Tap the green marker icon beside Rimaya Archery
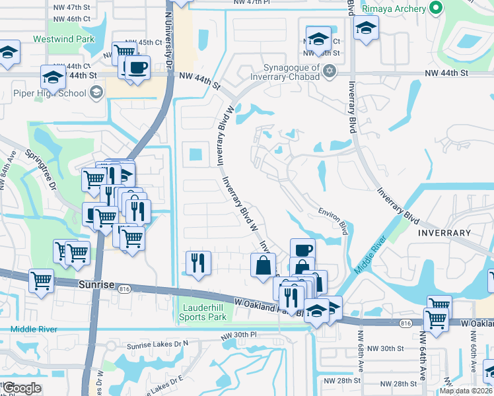pyautogui.click(x=435, y=8)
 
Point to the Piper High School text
pyautogui.click(x=50, y=93)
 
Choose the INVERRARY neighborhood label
pyautogui.click(x=443, y=233)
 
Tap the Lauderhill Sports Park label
pyautogui.click(x=203, y=312)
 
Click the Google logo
pyautogui.click(x=22, y=388)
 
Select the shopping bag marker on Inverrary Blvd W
pyautogui.click(x=263, y=266)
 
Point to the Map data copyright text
pyautogui.click(x=466, y=391)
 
